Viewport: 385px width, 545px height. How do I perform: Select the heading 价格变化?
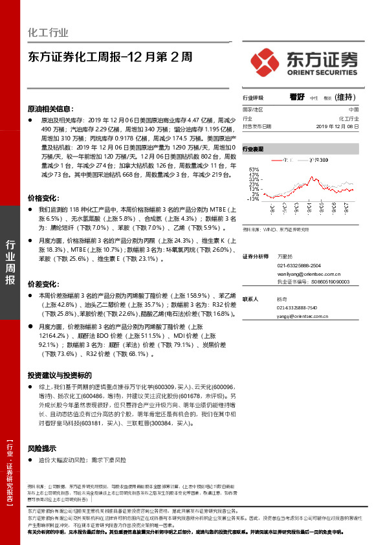(x=43, y=197)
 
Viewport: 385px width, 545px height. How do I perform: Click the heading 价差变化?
(x=43, y=284)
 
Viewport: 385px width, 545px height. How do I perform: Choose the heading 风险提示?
(x=42, y=448)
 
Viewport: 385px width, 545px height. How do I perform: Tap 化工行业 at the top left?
(x=48, y=32)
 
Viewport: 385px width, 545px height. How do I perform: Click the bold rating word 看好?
(x=297, y=97)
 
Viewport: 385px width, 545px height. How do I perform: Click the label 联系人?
(x=250, y=299)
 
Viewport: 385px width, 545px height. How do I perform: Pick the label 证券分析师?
(x=254, y=257)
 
